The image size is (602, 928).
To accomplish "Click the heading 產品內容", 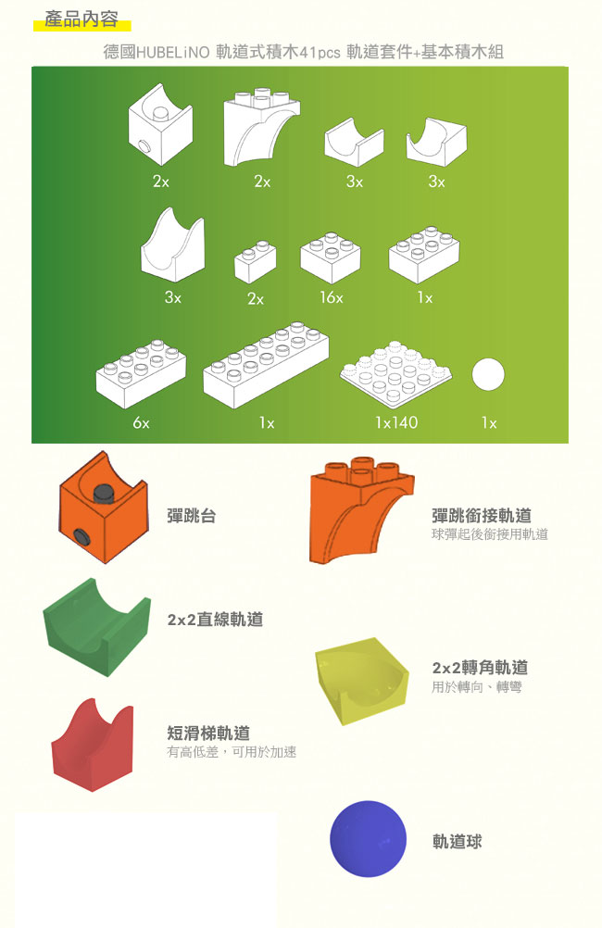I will [81, 19].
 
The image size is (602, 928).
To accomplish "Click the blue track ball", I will [368, 839].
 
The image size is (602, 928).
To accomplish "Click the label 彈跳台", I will [191, 516].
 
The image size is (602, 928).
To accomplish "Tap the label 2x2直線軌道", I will [215, 620].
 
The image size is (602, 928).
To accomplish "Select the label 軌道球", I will [457, 841].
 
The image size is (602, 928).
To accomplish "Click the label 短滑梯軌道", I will [208, 733].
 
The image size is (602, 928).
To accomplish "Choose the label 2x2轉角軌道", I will [480, 667].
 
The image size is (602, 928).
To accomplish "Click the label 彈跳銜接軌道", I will [481, 515].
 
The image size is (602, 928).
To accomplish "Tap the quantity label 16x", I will [331, 298].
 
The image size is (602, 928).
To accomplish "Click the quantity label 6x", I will [141, 422].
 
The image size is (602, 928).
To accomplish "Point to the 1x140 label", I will [395, 422].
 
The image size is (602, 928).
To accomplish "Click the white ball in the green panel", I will [487, 376].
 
